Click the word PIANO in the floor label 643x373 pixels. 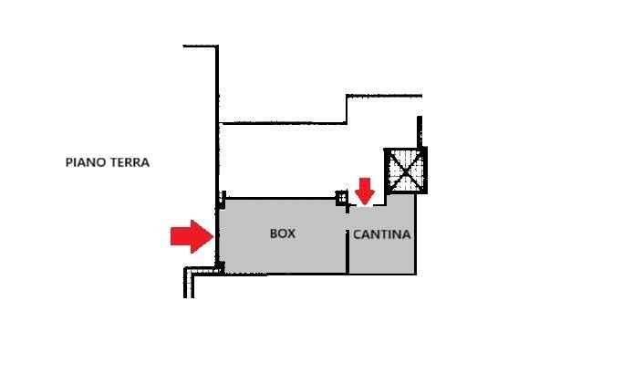click(x=85, y=162)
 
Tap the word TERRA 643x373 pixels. click(x=129, y=162)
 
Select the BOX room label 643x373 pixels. click(x=283, y=233)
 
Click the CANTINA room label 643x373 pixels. click(x=382, y=234)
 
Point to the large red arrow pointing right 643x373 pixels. click(x=192, y=236)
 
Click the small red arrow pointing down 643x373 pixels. click(x=365, y=191)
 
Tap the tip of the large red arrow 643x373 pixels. click(x=213, y=236)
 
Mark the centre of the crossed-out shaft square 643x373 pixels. click(x=406, y=171)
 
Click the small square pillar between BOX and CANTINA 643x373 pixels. click(x=342, y=198)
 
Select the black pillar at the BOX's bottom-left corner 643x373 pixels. click(x=220, y=267)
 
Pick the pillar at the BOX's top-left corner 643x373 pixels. click(x=222, y=200)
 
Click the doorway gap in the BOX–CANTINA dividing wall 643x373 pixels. click(x=347, y=222)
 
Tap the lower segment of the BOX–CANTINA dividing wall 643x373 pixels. click(x=347, y=252)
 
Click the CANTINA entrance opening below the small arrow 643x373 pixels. click(x=367, y=205)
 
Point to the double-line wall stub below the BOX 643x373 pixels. click(x=189, y=283)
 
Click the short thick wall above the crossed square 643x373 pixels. click(x=420, y=132)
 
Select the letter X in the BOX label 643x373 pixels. click(x=291, y=233)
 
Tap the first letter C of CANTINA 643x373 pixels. click(x=358, y=234)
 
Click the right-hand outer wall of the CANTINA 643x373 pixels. click(x=415, y=233)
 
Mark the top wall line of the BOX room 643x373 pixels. click(x=281, y=199)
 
